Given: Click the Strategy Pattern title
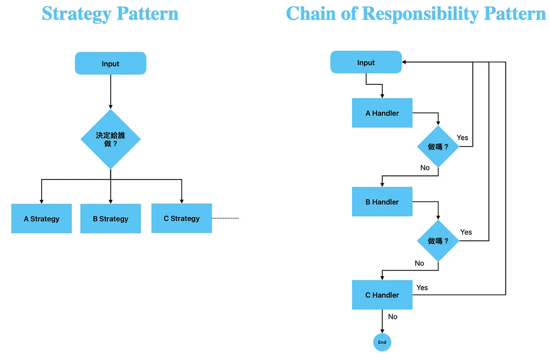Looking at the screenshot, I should click(x=110, y=14).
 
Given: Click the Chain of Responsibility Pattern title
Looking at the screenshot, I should click(x=416, y=14).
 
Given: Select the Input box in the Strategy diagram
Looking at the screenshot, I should click(x=110, y=64).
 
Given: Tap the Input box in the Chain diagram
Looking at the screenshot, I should click(x=366, y=63).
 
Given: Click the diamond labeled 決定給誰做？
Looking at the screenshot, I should click(x=110, y=139).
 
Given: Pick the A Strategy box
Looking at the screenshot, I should click(x=41, y=219).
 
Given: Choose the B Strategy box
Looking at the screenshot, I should click(x=110, y=219).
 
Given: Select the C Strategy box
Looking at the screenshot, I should click(x=181, y=218).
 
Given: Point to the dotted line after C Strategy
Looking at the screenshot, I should click(x=225, y=218).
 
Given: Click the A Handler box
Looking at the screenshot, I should click(x=382, y=113).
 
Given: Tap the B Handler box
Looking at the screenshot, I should click(x=382, y=202).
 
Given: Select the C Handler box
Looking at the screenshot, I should click(x=382, y=295).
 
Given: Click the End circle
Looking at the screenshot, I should click(x=382, y=342).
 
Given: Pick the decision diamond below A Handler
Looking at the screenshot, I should click(x=438, y=147).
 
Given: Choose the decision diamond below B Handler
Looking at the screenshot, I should click(x=438, y=241).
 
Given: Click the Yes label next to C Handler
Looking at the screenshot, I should click(x=422, y=288).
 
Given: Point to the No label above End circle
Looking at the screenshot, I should click(x=393, y=316).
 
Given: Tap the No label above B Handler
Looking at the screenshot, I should click(x=425, y=168).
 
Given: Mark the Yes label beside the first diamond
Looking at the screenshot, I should click(x=462, y=137).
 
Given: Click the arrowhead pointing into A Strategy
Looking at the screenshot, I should click(x=41, y=201).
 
